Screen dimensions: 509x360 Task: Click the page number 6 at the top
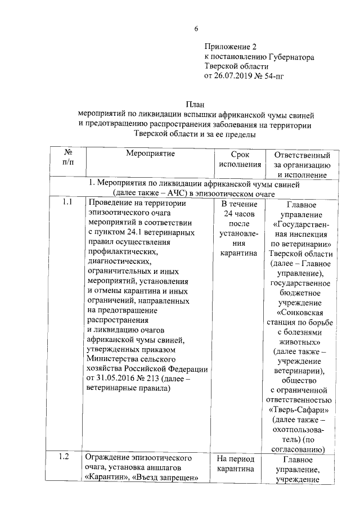(x=196, y=29)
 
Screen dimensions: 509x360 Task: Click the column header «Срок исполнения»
(x=239, y=159)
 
